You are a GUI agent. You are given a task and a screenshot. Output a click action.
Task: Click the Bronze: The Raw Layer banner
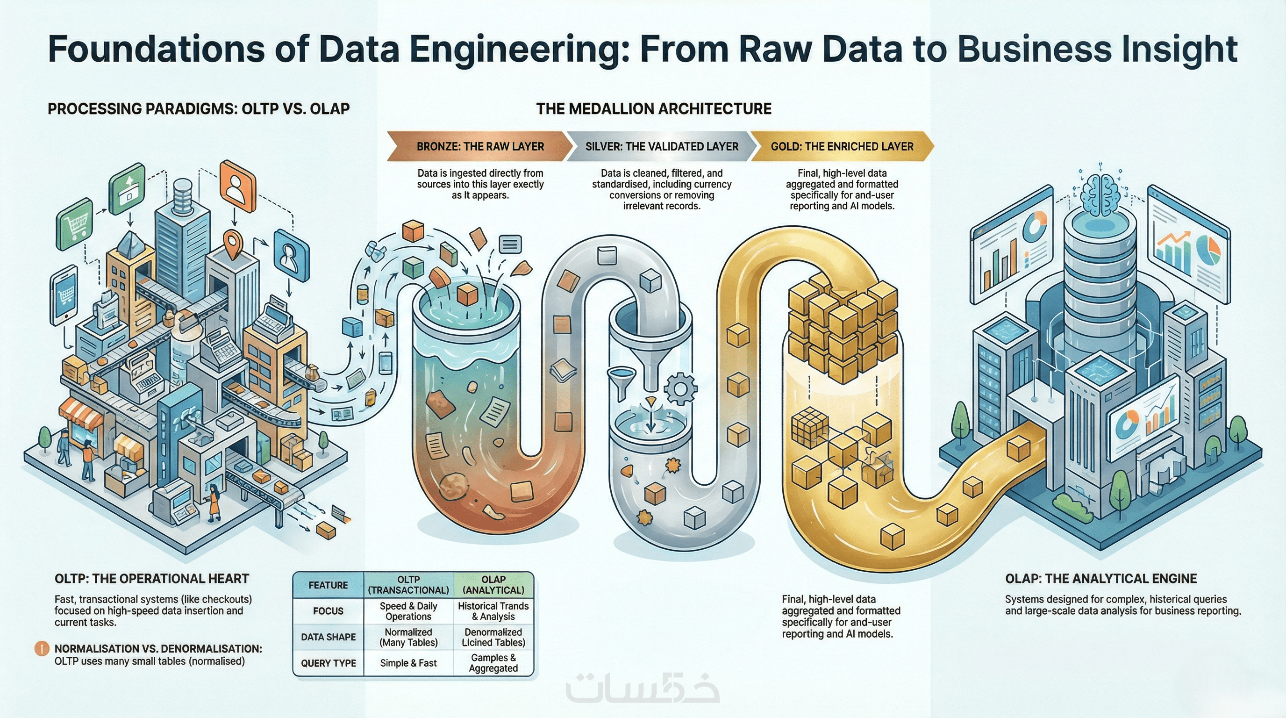coord(480,146)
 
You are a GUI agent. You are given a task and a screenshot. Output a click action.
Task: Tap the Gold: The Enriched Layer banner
coord(842,146)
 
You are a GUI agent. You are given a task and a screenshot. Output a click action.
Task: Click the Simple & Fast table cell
coord(408,663)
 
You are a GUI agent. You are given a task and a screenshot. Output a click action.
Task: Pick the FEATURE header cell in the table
coord(328,585)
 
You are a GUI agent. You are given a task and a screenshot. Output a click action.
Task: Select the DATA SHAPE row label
coord(328,637)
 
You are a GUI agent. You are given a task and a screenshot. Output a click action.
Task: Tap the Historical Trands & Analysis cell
coord(493,611)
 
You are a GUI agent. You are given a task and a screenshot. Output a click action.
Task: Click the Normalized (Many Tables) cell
coord(408,637)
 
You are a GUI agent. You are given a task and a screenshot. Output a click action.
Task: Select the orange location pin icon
coord(233,244)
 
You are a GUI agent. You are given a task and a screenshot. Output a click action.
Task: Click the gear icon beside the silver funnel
coord(680,388)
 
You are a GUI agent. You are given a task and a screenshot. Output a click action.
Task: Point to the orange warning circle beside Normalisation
coord(42,649)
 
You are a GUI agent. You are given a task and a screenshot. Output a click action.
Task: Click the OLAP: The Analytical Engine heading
coord(1101,579)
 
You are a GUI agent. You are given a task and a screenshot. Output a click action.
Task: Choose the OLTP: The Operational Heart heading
coord(152,579)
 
